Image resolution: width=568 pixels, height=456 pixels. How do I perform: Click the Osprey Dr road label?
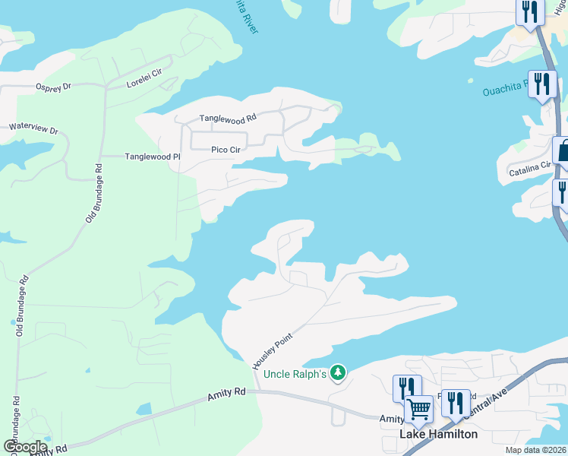coord(53,87)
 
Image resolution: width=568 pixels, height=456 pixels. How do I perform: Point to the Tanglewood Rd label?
coord(228,118)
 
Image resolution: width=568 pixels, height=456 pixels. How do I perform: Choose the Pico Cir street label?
coord(226,150)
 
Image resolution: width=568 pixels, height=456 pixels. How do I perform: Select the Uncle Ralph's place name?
coord(295,373)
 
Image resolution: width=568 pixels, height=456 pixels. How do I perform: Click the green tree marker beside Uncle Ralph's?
coord(339,373)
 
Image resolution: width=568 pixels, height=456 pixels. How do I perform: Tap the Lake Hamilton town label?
coord(439,434)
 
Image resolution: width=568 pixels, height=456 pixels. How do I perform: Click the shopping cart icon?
coord(419,409)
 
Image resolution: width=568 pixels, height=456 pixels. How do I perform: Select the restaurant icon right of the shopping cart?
coord(455,401)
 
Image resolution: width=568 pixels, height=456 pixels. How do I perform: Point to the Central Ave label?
coord(489,404)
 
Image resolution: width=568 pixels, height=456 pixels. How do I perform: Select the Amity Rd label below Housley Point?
coord(227,393)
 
